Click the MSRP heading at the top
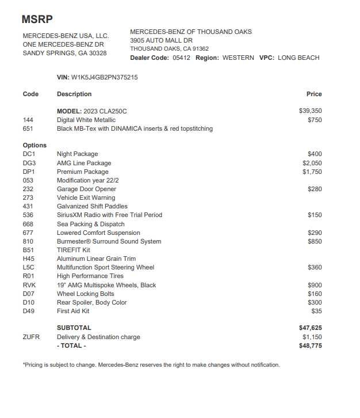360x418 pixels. tap(37, 19)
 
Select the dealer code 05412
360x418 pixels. tap(181, 58)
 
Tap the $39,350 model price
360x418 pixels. tap(311, 111)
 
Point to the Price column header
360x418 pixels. tap(314, 94)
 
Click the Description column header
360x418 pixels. tap(74, 94)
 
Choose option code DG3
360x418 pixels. tap(29, 163)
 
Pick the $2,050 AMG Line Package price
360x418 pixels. tap(312, 163)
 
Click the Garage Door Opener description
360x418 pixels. tap(86, 189)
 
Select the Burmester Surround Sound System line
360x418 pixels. tap(109, 241)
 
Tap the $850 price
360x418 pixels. tap(315, 241)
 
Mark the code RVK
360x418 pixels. tap(29, 285)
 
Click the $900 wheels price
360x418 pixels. tap(315, 285)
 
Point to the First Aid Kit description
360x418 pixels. tap(73, 311)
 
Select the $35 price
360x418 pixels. tap(316, 311)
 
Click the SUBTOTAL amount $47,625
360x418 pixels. tap(311, 328)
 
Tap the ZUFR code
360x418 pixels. tap(31, 337)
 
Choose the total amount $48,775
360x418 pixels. tap(311, 345)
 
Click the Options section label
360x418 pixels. tap(35, 145)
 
